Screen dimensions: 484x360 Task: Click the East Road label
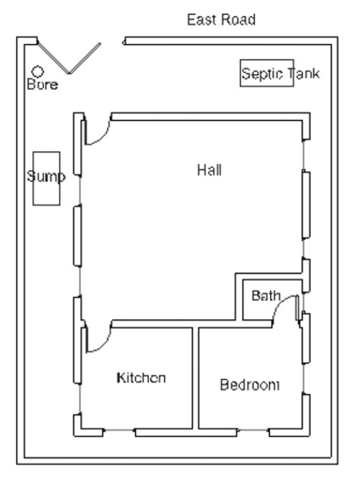221,19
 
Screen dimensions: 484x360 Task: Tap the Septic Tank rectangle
267,73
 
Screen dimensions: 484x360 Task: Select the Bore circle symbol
37,71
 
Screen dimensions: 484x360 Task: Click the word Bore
42,84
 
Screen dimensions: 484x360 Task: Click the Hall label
210,170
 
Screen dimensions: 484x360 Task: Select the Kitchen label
142,377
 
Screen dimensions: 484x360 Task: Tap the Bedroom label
249,385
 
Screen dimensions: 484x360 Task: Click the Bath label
266,295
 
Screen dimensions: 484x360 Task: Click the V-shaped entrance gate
69,58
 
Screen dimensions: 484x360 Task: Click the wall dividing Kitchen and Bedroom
195,377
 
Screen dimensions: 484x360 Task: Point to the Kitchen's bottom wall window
120,431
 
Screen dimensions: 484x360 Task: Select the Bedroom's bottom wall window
253,431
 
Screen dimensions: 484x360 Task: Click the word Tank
304,73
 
